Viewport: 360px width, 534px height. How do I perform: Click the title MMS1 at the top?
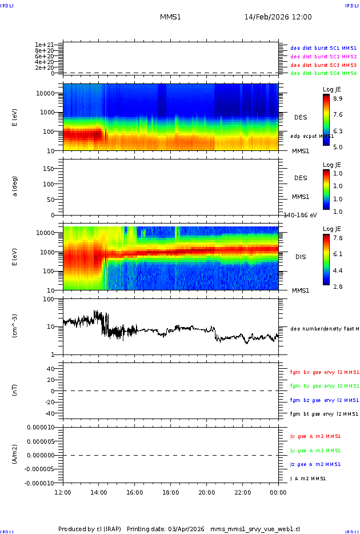[x=170, y=17]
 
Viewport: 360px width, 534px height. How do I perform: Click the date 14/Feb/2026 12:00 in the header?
[x=278, y=17]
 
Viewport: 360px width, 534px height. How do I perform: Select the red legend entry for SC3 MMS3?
[x=323, y=65]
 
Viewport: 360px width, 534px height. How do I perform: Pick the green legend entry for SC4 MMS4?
[x=323, y=73]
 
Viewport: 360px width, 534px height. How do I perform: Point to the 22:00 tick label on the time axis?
[x=242, y=492]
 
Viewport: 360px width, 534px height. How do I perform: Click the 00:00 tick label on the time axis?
[x=278, y=492]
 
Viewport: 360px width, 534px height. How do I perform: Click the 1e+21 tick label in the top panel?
[x=44, y=45]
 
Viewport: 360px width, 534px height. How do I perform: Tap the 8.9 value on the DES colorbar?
[x=338, y=98]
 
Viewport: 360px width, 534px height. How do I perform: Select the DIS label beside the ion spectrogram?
[x=301, y=257]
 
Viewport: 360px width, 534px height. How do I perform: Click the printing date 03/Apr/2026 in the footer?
[x=186, y=528]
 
